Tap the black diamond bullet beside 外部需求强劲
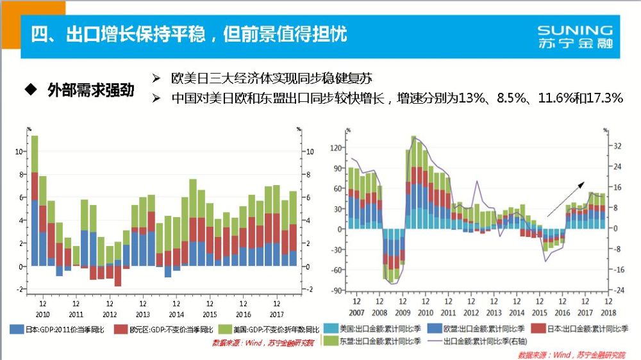28,89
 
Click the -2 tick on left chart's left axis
21,290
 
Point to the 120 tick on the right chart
337,147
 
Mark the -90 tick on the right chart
337,290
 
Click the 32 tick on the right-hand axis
619,147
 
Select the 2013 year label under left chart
142,315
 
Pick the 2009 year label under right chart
402,313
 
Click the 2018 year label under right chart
606,313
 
